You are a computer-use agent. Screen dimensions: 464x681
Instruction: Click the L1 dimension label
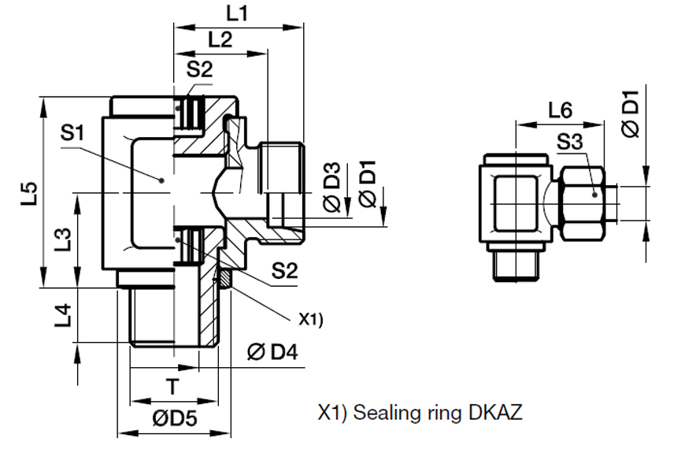click(x=238, y=13)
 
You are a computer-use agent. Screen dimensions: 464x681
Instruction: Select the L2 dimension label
click(x=221, y=40)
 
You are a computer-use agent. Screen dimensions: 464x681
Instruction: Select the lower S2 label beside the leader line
click(x=285, y=272)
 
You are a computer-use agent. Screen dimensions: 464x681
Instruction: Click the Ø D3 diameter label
click(x=332, y=187)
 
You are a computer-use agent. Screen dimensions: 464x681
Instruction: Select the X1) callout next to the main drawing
click(x=312, y=319)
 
